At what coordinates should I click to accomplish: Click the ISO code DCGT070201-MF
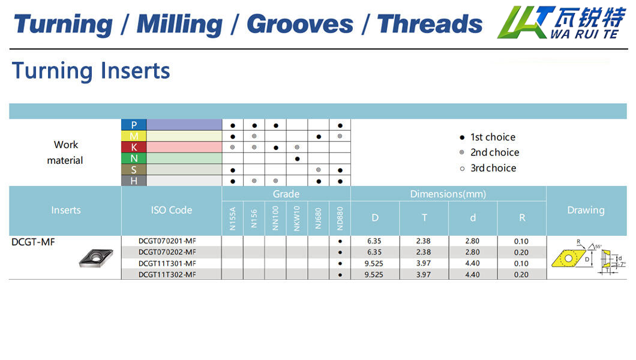click(x=167, y=241)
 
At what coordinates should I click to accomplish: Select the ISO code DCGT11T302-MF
click(x=167, y=274)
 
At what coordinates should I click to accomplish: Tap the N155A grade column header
click(x=232, y=218)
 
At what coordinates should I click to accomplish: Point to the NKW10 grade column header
click(x=297, y=218)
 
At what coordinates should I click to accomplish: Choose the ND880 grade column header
click(x=340, y=218)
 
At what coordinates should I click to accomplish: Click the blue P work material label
click(x=134, y=125)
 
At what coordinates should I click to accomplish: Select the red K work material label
click(x=134, y=147)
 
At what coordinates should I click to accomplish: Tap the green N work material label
click(x=134, y=158)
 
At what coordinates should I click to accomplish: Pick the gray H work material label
click(x=134, y=181)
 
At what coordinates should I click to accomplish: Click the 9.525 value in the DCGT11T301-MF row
click(x=374, y=263)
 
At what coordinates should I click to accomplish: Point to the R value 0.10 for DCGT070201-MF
click(x=521, y=241)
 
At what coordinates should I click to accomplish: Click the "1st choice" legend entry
click(x=488, y=137)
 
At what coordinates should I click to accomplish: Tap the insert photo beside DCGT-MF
click(x=96, y=258)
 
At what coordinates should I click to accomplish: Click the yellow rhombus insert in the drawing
click(x=569, y=259)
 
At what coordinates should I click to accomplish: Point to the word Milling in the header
click(x=179, y=25)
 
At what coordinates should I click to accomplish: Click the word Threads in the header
click(x=430, y=24)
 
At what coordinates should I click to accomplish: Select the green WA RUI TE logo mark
click(x=526, y=22)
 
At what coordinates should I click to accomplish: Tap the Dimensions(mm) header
click(x=448, y=194)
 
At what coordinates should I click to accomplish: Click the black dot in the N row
click(x=298, y=159)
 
